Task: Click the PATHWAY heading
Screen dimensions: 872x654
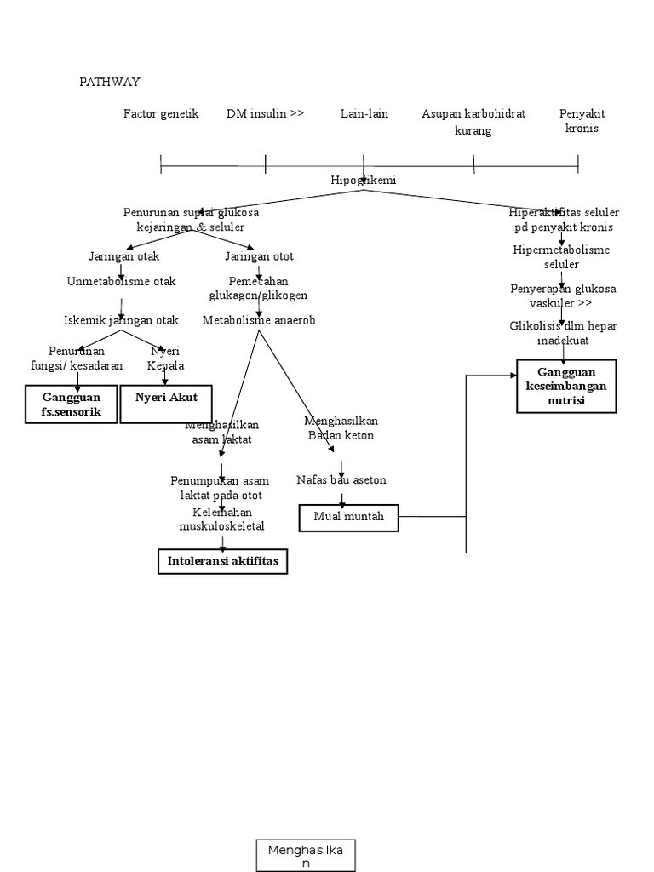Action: pyautogui.click(x=110, y=82)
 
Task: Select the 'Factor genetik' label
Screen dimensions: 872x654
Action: pyautogui.click(x=161, y=113)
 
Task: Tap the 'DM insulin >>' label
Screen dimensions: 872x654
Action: pyautogui.click(x=266, y=113)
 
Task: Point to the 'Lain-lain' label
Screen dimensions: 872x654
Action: pyautogui.click(x=364, y=113)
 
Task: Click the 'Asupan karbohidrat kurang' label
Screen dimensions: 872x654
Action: pyautogui.click(x=473, y=122)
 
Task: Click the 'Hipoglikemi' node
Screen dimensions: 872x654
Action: pyautogui.click(x=364, y=180)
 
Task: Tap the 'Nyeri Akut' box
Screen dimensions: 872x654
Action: pyautogui.click(x=166, y=403)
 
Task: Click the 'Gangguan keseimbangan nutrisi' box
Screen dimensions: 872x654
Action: pyautogui.click(x=567, y=386)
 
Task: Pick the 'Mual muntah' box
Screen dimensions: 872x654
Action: pyautogui.click(x=349, y=517)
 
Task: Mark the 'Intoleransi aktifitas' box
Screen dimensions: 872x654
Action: pyautogui.click(x=223, y=562)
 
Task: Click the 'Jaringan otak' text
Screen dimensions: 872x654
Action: pyautogui.click(x=123, y=255)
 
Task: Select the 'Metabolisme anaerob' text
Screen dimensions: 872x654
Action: pyautogui.click(x=259, y=320)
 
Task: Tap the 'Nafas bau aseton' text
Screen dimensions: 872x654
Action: pyautogui.click(x=341, y=479)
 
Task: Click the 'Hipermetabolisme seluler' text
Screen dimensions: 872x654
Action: pyautogui.click(x=562, y=257)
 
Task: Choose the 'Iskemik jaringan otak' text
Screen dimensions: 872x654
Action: pyautogui.click(x=122, y=320)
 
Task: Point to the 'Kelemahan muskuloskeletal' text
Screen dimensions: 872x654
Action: pyautogui.click(x=222, y=519)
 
